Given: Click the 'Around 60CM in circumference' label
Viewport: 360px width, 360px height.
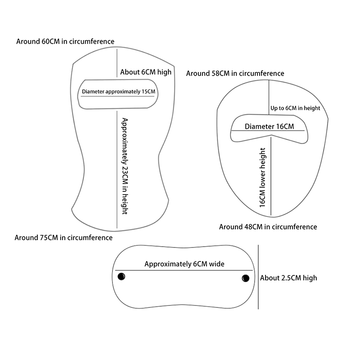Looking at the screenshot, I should [65, 41].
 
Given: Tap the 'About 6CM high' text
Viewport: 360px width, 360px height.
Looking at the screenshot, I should [146, 72].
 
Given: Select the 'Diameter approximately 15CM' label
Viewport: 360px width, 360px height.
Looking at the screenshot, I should [118, 92].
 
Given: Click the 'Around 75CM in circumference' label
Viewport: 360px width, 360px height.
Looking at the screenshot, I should [63, 237].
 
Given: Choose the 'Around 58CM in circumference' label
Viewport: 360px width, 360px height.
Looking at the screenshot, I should [235, 73].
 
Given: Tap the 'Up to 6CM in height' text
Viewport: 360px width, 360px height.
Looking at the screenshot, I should [295, 108].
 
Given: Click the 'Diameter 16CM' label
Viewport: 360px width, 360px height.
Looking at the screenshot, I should [269, 126].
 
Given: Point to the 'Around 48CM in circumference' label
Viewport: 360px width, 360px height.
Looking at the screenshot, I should [268, 227].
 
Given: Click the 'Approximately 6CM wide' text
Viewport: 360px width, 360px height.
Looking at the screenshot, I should [184, 264].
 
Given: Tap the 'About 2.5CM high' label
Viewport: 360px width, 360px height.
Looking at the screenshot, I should [288, 278].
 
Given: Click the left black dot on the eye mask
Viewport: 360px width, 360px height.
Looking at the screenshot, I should [121, 276].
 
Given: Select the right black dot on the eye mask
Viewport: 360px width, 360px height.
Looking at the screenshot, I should [245, 278].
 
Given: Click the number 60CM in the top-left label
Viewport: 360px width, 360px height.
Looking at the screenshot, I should [49, 41].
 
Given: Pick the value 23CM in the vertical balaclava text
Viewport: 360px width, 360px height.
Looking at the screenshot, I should [126, 171].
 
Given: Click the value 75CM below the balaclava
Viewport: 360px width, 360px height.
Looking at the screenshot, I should [48, 237].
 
